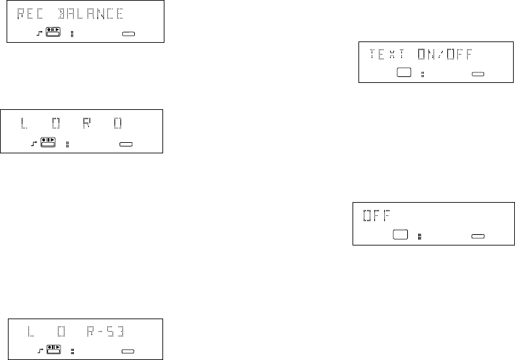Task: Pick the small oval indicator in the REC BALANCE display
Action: [x=128, y=32]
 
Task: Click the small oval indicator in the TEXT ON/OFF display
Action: [x=478, y=74]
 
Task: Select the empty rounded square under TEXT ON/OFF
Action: [x=403, y=73]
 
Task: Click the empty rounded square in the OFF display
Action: [x=399, y=234]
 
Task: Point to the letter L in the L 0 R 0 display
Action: [x=25, y=124]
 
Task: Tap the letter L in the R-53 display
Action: [x=31, y=329]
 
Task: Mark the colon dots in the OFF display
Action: [x=419, y=235]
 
